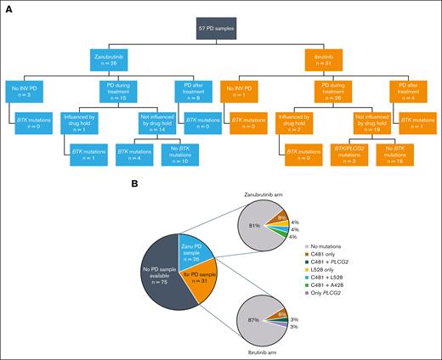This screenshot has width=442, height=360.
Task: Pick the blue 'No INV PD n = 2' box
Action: pyautogui.click(x=25, y=90)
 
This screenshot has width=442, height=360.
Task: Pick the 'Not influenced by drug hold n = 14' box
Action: pyautogui.click(x=150, y=120)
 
